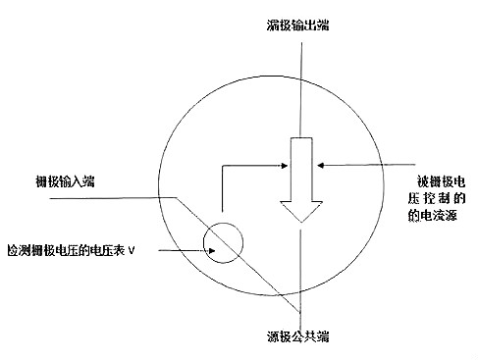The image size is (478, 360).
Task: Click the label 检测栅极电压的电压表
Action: point(66,251)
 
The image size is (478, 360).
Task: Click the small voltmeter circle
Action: point(222,241)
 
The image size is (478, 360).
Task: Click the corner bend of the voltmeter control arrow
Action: point(223,167)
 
